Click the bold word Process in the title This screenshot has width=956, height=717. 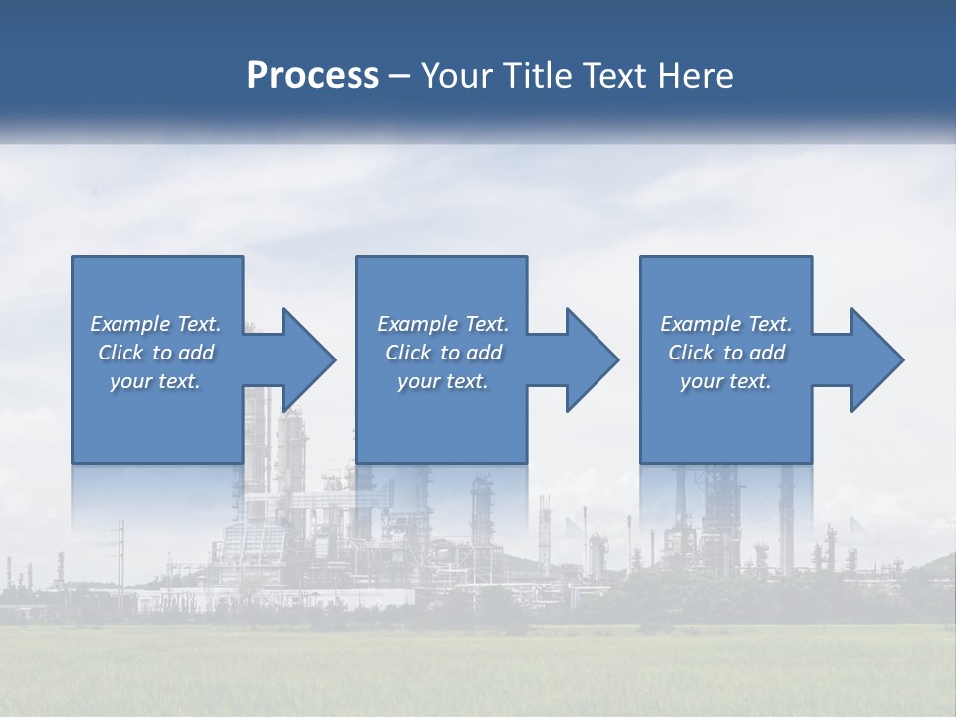coord(313,76)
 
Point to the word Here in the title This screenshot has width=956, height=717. coord(695,76)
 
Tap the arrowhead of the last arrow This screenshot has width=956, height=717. coord(877,359)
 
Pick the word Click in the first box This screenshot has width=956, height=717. coord(120,353)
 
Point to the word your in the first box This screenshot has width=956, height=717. coord(130,381)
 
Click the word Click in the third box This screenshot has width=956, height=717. coord(691,353)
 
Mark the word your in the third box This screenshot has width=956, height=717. coord(701,381)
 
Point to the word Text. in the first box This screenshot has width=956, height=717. coord(199,324)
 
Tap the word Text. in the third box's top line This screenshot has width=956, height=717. coord(769,324)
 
